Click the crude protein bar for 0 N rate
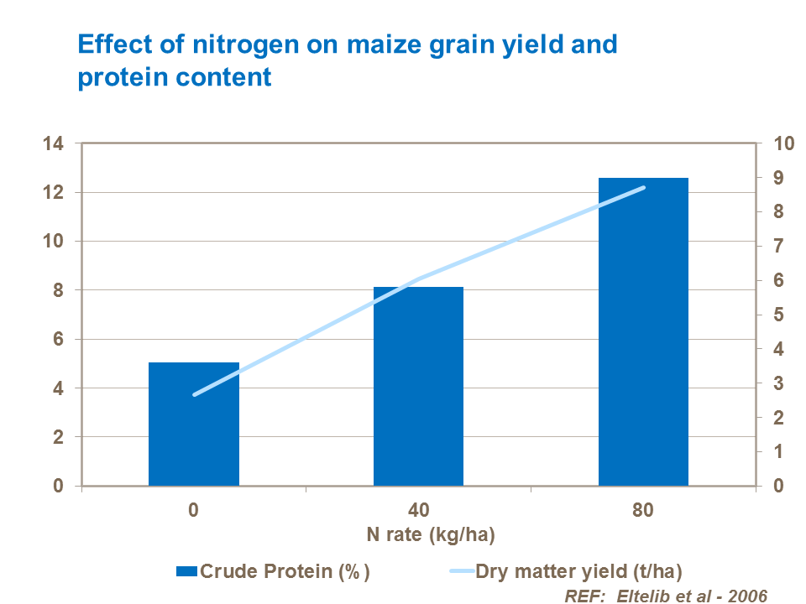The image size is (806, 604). pyautogui.click(x=194, y=424)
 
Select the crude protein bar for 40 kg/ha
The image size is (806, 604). pyautogui.click(x=418, y=386)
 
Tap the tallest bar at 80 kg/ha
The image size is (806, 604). pyautogui.click(x=643, y=331)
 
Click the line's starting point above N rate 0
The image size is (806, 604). pyautogui.click(x=195, y=394)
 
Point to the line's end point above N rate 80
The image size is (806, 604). pyautogui.click(x=643, y=188)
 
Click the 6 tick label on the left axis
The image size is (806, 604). pyautogui.click(x=57, y=340)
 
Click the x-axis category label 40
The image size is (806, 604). pyautogui.click(x=418, y=510)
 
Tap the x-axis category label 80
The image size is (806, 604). pyautogui.click(x=643, y=510)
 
